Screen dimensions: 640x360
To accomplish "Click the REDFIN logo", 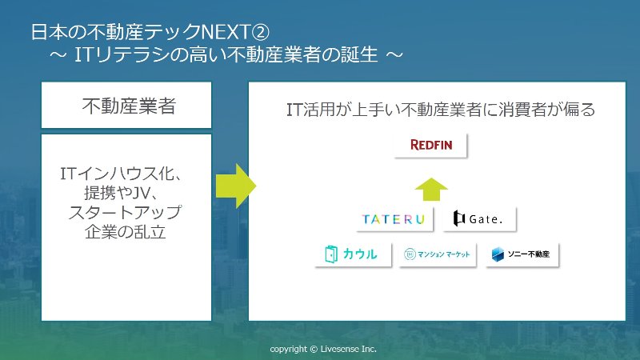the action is (430, 145).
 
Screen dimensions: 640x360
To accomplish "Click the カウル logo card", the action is (353, 254).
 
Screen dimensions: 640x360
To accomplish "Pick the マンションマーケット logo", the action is (438, 254).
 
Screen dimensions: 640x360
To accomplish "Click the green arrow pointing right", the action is (235, 186).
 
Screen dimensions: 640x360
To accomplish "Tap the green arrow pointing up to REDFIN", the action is (431, 190).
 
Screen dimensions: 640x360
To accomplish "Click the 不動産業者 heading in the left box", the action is (129, 106).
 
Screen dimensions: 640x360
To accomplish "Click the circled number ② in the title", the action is (261, 32).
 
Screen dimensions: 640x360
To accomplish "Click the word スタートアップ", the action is (125, 213).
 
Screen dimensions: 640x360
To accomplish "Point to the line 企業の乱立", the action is (126, 232).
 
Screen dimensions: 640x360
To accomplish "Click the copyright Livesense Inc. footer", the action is (323, 349).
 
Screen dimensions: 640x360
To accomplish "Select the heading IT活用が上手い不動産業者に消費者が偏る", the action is (441, 110).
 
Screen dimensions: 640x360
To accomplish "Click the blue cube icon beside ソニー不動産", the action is (498, 254).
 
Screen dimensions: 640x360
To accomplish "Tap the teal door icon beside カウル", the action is (331, 254).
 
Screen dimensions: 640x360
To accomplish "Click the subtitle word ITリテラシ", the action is (122, 54).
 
